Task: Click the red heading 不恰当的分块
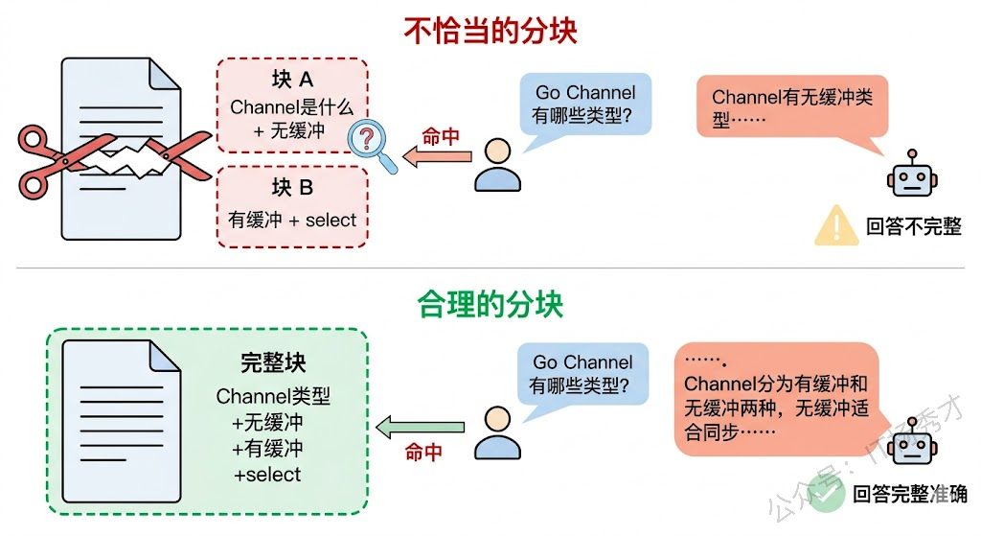pyautogui.click(x=490, y=31)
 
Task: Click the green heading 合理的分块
pyautogui.click(x=490, y=305)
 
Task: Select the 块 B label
pyautogui.click(x=292, y=188)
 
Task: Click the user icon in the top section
pyautogui.click(x=497, y=165)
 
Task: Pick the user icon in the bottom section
pyautogui.click(x=497, y=432)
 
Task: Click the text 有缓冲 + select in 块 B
pyautogui.click(x=292, y=221)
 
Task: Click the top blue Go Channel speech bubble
pyautogui.click(x=584, y=104)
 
